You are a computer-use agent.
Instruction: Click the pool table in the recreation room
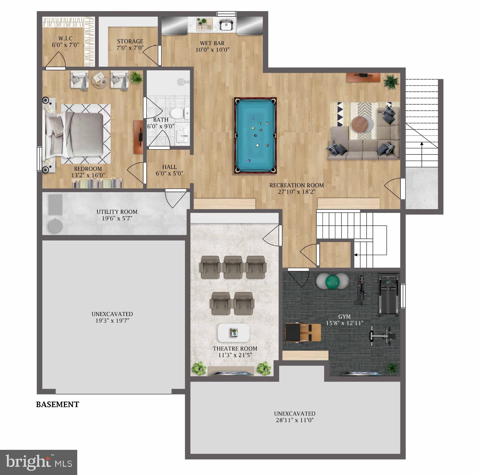(x=255, y=135)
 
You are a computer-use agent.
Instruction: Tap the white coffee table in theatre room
(x=233, y=333)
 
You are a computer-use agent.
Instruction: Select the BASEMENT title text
(x=58, y=404)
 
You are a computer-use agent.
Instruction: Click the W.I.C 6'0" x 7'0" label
(x=65, y=42)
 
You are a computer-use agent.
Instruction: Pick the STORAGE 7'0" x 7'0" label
(x=130, y=45)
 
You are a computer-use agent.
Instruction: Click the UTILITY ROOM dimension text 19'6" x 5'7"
(x=117, y=218)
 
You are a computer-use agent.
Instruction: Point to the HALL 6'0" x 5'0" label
(x=169, y=170)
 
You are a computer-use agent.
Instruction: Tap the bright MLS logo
(x=39, y=462)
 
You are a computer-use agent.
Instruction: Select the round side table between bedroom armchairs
(x=100, y=79)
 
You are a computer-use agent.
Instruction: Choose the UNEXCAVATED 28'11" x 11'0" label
(x=295, y=417)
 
